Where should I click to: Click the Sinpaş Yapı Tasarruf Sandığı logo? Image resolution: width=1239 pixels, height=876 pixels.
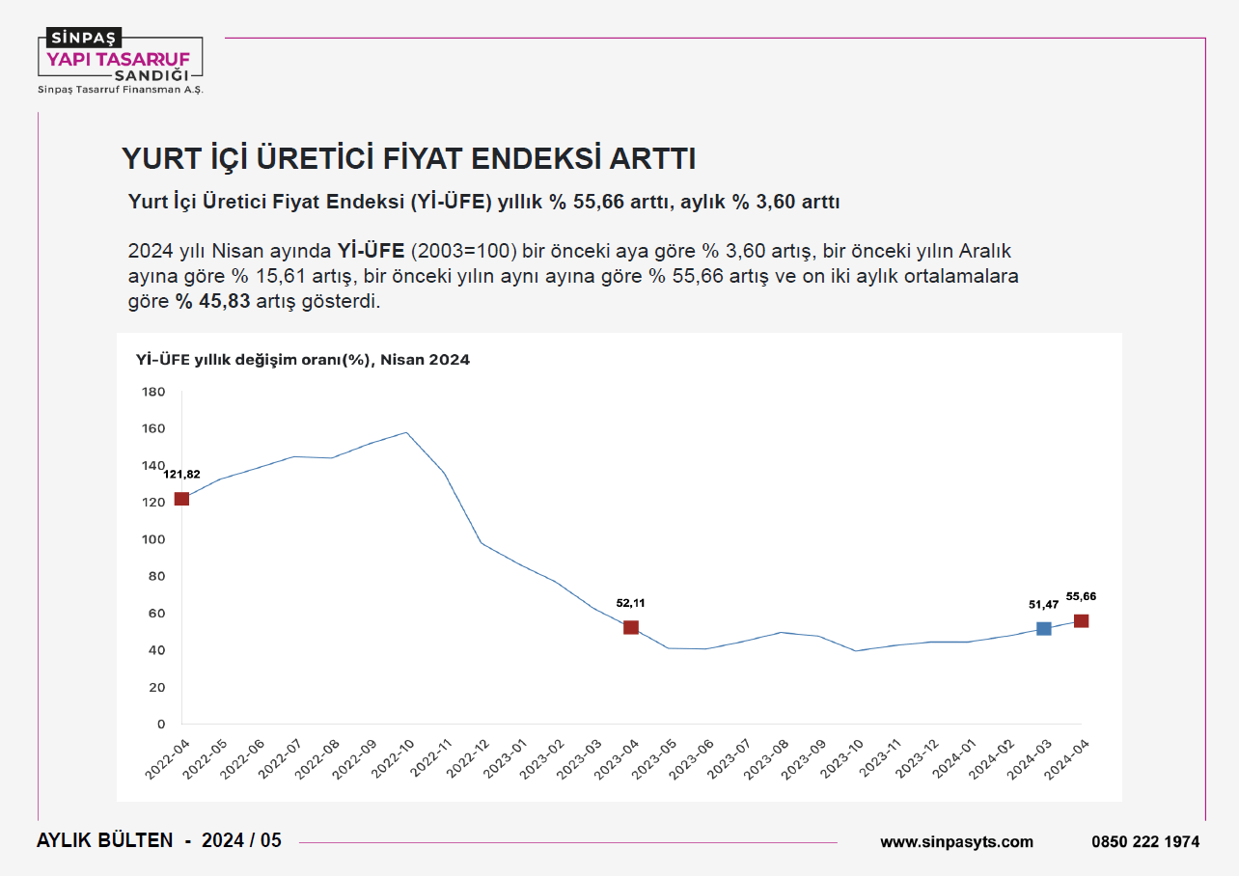pyautogui.click(x=120, y=61)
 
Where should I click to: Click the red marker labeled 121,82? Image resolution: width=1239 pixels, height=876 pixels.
pyautogui.click(x=181, y=499)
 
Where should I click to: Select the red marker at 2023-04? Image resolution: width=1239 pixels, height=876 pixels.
pyautogui.click(x=631, y=627)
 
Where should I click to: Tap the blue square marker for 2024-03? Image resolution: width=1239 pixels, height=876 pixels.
pyautogui.click(x=1043, y=629)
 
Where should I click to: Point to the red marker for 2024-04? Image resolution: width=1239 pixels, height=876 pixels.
pyautogui.click(x=1081, y=621)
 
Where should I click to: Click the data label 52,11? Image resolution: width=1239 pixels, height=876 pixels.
pyautogui.click(x=631, y=603)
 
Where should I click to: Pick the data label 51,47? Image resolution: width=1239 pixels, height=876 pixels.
pyautogui.click(x=1043, y=605)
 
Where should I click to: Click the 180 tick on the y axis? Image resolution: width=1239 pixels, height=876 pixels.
pyautogui.click(x=154, y=392)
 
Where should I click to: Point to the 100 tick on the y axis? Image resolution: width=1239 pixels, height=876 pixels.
pyautogui.click(x=154, y=539)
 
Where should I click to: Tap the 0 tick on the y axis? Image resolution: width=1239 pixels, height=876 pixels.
pyautogui.click(x=161, y=724)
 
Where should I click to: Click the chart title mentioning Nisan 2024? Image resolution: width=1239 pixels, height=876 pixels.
pyautogui.click(x=303, y=360)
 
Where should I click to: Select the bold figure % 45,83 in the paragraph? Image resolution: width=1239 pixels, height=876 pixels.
pyautogui.click(x=213, y=301)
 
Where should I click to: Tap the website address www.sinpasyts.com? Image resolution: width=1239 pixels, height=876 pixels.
pyautogui.click(x=956, y=841)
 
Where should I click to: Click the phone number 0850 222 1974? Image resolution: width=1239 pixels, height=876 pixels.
pyautogui.click(x=1145, y=841)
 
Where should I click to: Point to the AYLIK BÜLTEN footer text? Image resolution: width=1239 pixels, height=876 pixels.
pyautogui.click(x=104, y=840)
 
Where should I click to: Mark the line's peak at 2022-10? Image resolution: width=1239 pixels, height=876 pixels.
pyautogui.click(x=406, y=432)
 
